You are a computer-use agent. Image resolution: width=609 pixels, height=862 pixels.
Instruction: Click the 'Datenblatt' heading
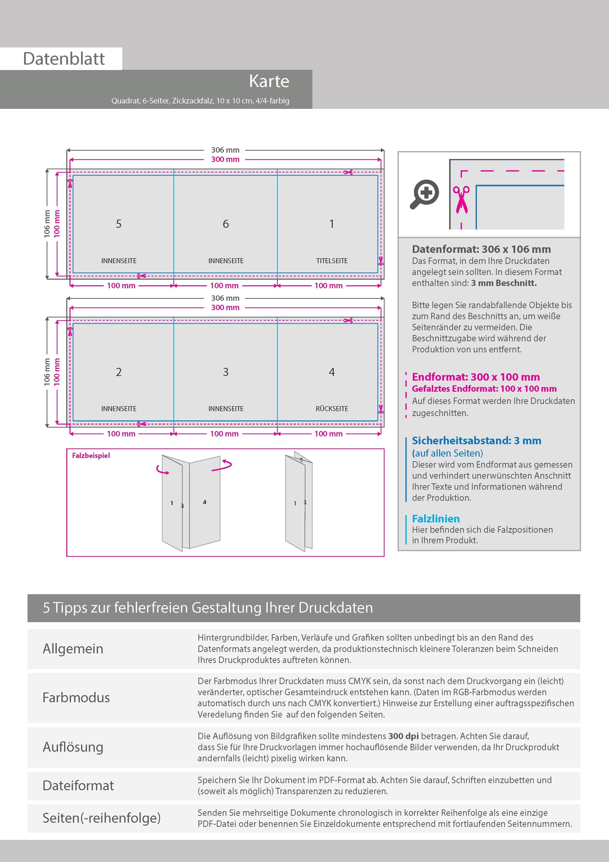64,58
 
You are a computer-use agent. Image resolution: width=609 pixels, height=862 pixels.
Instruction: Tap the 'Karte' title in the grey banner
269,81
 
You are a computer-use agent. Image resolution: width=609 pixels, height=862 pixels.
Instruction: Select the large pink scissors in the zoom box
461,200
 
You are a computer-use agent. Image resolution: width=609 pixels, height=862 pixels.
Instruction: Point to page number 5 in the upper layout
119,224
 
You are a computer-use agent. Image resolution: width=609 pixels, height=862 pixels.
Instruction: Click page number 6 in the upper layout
225,224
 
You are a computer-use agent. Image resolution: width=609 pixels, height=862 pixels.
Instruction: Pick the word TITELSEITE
332,260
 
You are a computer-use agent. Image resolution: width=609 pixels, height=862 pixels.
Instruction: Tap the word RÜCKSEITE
332,408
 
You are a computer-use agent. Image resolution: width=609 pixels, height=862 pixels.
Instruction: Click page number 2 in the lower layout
119,372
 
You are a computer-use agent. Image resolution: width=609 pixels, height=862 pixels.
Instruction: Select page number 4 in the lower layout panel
332,372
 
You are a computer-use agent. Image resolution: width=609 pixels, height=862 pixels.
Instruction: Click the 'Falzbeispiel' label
91,455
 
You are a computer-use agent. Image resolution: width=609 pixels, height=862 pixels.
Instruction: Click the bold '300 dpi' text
403,736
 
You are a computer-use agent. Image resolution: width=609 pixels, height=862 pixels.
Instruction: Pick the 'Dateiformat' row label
78,785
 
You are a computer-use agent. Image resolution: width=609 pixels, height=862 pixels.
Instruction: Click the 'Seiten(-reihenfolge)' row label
101,818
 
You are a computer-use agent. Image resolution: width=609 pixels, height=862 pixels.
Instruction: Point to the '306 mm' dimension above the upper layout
225,150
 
